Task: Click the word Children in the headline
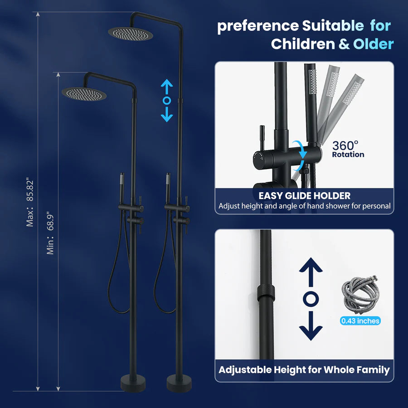(x=303, y=44)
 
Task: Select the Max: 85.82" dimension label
(x=30, y=202)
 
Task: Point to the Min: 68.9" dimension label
(x=50, y=233)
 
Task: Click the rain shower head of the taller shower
(x=131, y=34)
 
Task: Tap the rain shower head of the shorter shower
(x=84, y=94)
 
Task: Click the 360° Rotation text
(x=348, y=149)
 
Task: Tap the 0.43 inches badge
(x=360, y=321)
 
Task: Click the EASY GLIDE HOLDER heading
(x=305, y=196)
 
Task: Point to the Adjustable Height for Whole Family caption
(x=304, y=370)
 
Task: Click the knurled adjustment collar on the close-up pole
(x=266, y=293)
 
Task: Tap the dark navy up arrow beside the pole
(x=311, y=272)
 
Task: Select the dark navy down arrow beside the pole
(x=311, y=326)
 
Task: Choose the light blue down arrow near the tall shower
(x=167, y=114)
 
